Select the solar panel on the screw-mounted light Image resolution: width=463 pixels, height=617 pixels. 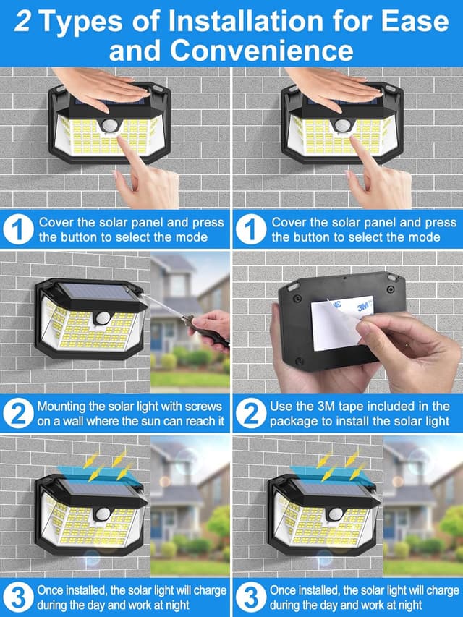pyautogui.click(x=95, y=293)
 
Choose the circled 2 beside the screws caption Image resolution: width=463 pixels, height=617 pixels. pyautogui.click(x=17, y=413)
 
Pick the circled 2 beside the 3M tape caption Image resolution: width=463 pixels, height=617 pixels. pyautogui.click(x=250, y=413)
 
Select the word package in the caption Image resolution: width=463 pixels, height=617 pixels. pyautogui.click(x=297, y=421)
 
